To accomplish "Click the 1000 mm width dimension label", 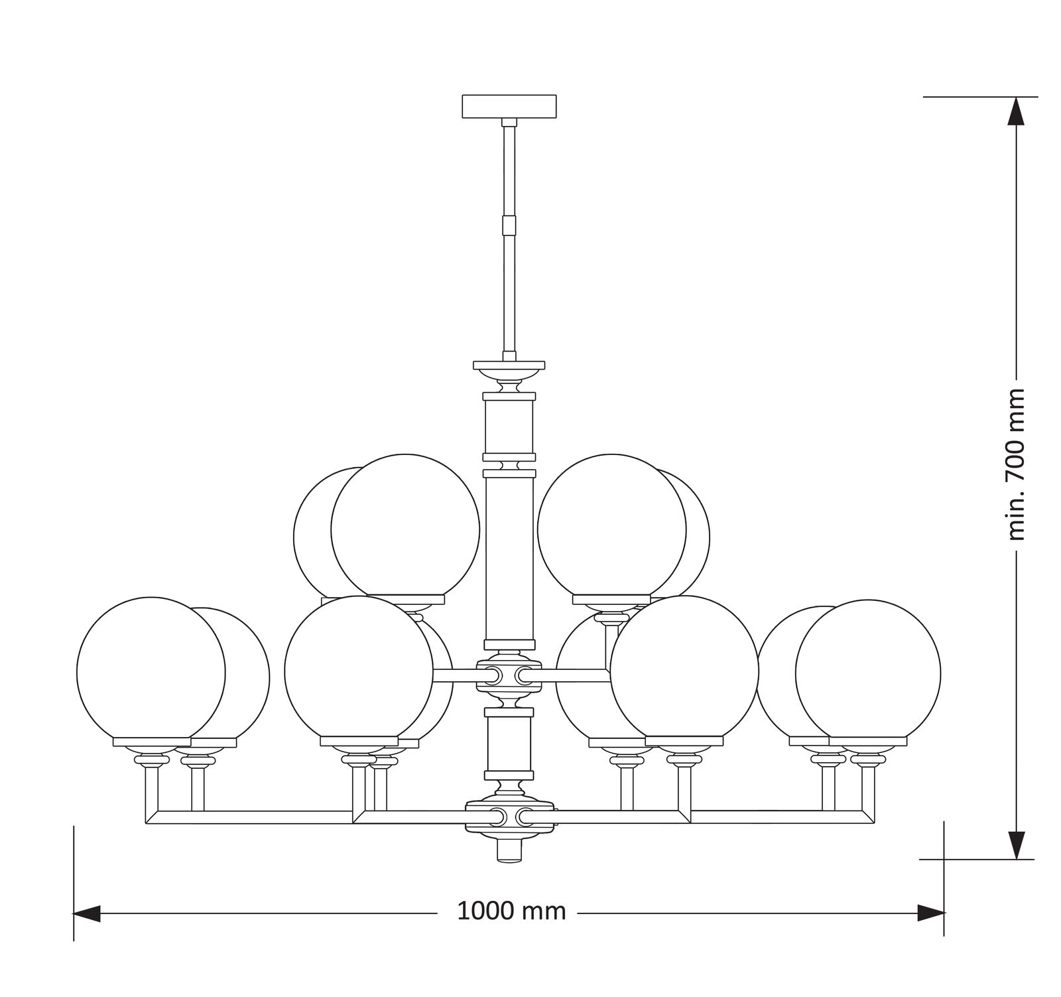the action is tap(511, 911).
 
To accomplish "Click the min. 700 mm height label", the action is tap(1015, 464).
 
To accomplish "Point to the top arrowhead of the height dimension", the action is tap(1016, 111).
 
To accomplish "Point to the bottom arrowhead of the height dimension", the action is tap(1016, 845).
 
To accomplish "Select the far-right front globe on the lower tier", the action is tap(868, 672).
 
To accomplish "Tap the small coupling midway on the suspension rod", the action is tap(509, 225).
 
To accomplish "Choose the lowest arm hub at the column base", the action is tap(509, 816).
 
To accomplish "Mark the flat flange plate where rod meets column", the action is tap(509, 365).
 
